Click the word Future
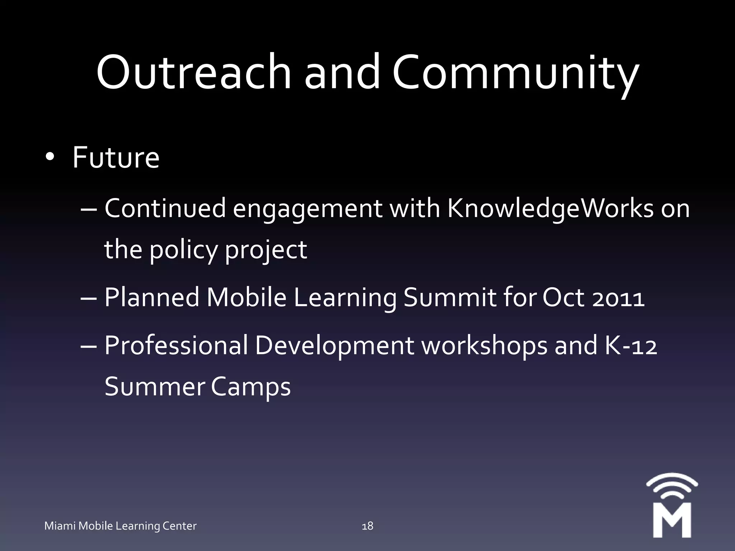[x=116, y=157]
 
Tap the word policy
[x=183, y=250]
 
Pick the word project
[x=266, y=250]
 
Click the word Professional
[x=176, y=345]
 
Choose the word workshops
[x=484, y=345]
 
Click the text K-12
[x=631, y=345]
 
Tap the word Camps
[x=251, y=387]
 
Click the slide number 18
[x=367, y=526]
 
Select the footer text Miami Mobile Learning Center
[x=120, y=526]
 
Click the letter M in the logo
[x=672, y=520]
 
